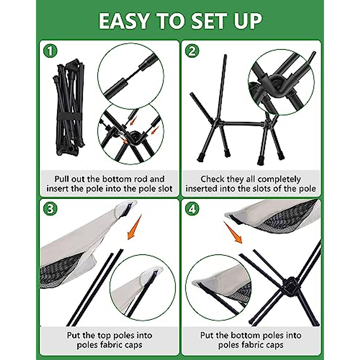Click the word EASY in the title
tap(123, 21)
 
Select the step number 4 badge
tap(192, 209)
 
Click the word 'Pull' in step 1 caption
tap(62, 179)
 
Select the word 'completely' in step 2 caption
tap(279, 179)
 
